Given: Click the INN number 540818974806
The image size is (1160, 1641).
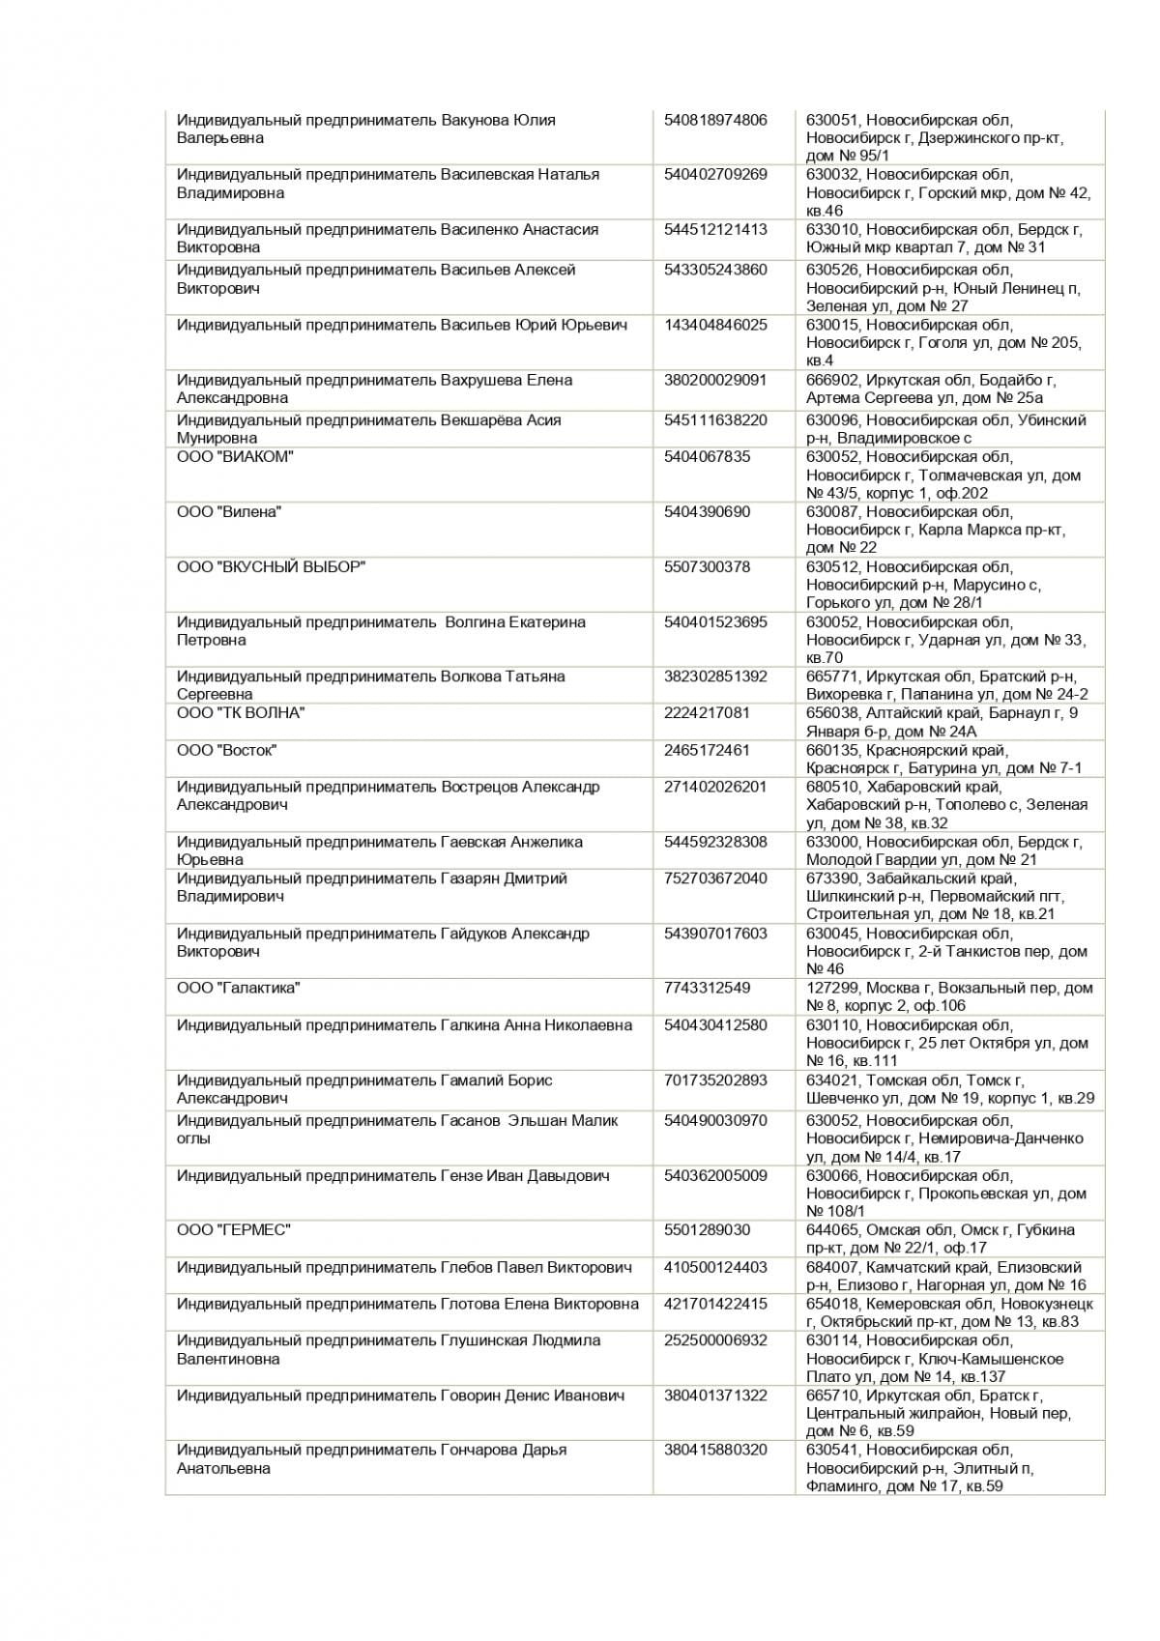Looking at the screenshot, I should pyautogui.click(x=715, y=120).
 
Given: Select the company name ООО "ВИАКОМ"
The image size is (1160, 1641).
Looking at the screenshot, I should pyautogui.click(x=235, y=456).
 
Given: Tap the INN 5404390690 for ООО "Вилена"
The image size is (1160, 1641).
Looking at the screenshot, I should pyautogui.click(x=707, y=511).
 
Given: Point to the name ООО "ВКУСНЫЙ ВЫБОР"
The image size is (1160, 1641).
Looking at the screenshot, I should pyautogui.click(x=271, y=566).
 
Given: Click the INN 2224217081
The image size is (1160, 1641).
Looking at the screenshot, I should pyautogui.click(x=707, y=712).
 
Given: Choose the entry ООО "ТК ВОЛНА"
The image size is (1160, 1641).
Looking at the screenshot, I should pyautogui.click(x=241, y=712).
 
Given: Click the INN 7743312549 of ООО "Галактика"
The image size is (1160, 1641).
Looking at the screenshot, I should pyautogui.click(x=707, y=988).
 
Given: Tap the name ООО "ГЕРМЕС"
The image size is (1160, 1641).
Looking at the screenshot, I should pyautogui.click(x=233, y=1229).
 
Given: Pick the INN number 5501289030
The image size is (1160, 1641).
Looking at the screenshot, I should pyautogui.click(x=707, y=1229).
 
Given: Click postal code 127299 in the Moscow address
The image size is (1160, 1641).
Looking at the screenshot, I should pyautogui.click(x=832, y=988).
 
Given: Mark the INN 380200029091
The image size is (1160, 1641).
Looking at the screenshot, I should pyautogui.click(x=715, y=380).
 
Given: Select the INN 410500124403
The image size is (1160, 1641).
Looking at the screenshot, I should pyautogui.click(x=715, y=1267).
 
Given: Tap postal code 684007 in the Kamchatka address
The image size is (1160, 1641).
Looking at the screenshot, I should pyautogui.click(x=832, y=1267).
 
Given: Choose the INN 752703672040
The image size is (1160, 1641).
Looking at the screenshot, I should pyautogui.click(x=715, y=878).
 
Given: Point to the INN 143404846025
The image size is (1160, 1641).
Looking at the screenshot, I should pyautogui.click(x=715, y=325).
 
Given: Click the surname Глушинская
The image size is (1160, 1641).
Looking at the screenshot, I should pyautogui.click(x=483, y=1340).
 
